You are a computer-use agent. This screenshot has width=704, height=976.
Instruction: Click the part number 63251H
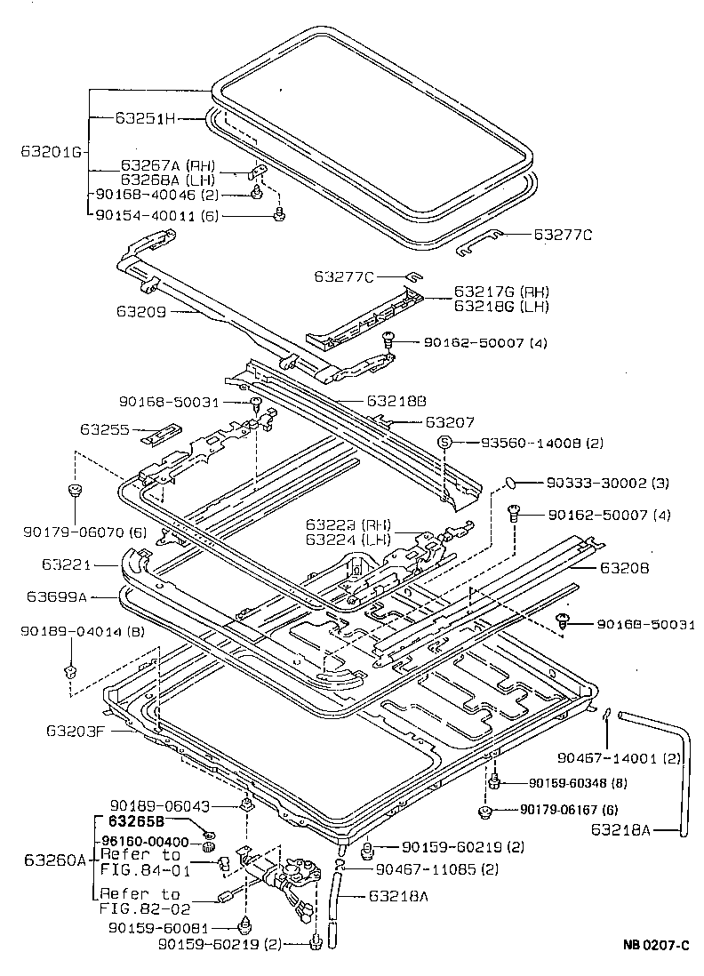click(x=147, y=117)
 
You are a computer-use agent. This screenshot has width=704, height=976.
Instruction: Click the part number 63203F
click(x=77, y=731)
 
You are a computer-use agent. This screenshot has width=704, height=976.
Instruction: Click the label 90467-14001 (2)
click(x=619, y=758)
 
